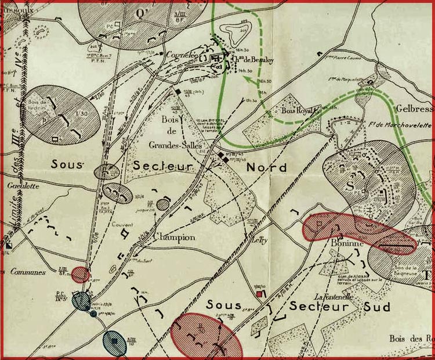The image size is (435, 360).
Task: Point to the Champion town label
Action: pos(173,237)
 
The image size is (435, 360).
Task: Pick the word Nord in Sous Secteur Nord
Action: pos(267,167)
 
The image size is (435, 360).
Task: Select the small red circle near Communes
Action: pos(81,275)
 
